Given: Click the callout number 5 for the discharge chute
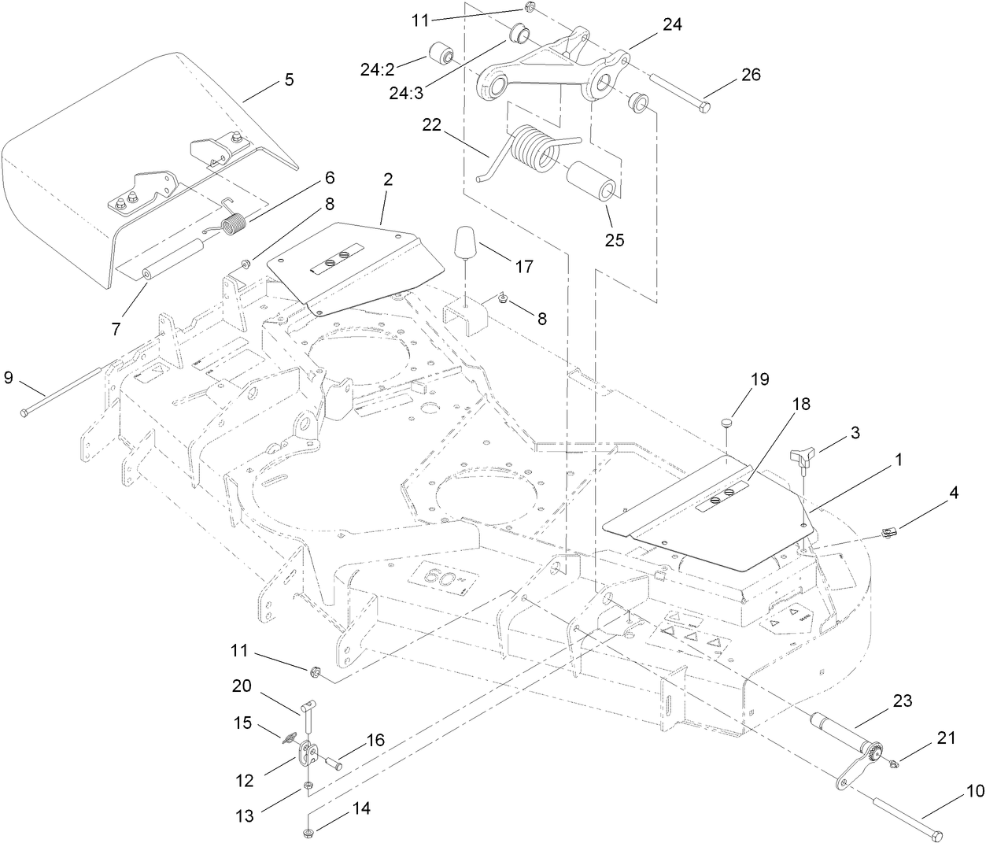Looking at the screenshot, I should (289, 79).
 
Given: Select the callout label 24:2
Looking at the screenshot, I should (382, 69).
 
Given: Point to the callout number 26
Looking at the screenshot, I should (751, 75).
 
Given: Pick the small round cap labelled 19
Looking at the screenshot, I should (728, 423).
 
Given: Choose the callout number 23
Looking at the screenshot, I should (903, 701).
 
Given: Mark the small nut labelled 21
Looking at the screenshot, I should (894, 762).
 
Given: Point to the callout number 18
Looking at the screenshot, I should (800, 405).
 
